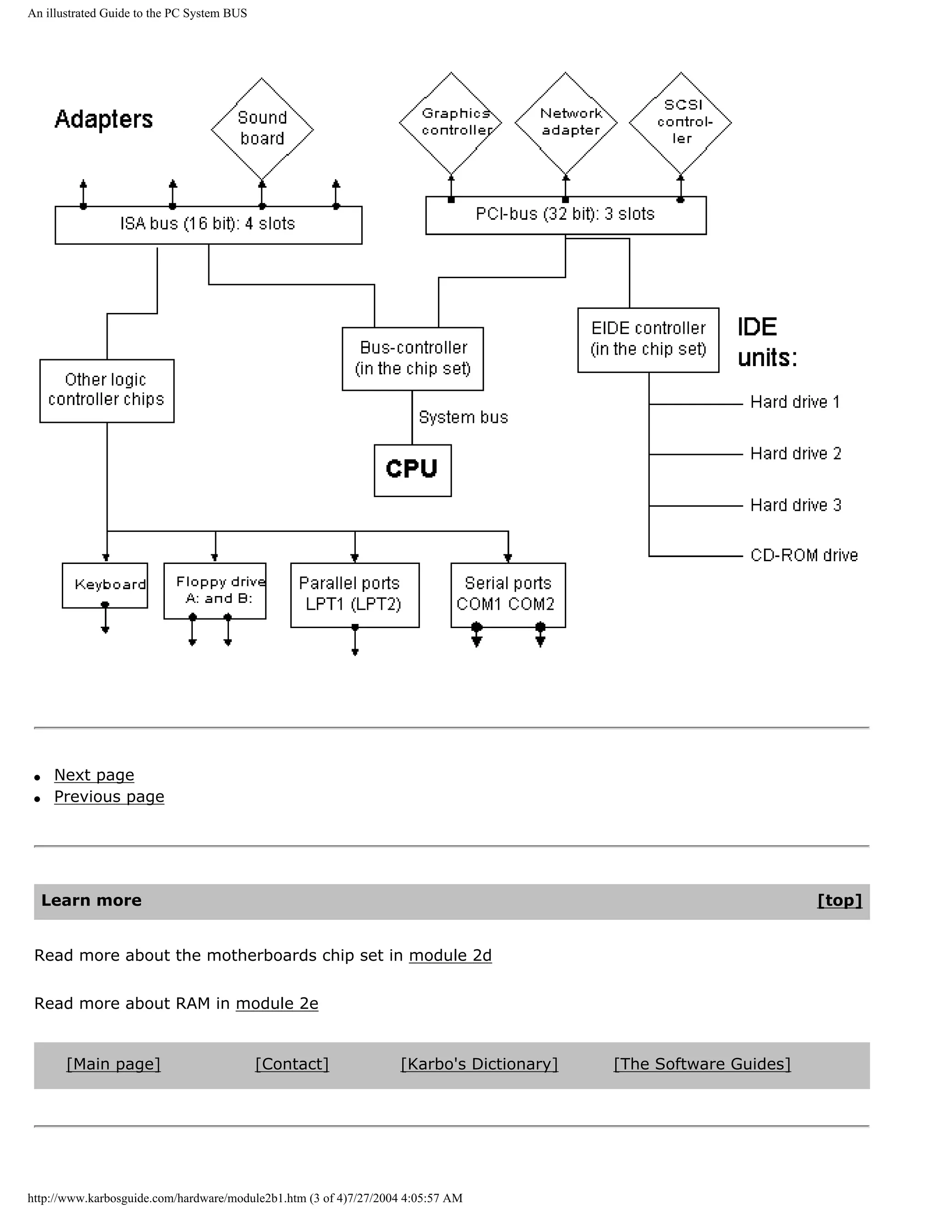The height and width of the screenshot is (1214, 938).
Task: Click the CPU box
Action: pyautogui.click(x=412, y=470)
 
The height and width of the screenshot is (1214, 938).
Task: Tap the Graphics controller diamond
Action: pyautogui.click(x=451, y=122)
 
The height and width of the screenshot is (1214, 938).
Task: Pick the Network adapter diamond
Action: pyautogui.click(x=566, y=122)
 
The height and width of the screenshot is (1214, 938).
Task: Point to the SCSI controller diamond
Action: pyautogui.click(x=680, y=122)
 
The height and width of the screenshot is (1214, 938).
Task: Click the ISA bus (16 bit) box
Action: pyautogui.click(x=208, y=224)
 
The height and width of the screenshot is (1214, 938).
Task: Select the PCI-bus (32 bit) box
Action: pyautogui.click(x=566, y=214)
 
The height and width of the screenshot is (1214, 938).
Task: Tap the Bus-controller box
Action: pyautogui.click(x=412, y=359)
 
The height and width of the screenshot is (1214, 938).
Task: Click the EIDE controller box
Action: pyautogui.click(x=648, y=339)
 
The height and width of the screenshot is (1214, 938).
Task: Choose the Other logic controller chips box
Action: pyautogui.click(x=107, y=390)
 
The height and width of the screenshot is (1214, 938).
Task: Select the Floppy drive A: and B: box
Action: pyautogui.click(x=215, y=591)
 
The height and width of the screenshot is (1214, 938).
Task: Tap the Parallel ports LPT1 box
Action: pyautogui.click(x=354, y=595)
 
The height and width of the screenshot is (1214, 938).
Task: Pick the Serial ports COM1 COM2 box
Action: pyautogui.click(x=508, y=595)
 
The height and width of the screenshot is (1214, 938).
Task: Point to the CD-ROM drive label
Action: pyautogui.click(x=803, y=555)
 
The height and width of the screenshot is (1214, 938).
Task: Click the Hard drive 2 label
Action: pyautogui.click(x=795, y=454)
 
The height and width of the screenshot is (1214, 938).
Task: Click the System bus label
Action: pyautogui.click(x=463, y=417)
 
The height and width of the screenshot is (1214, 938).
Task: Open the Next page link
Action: pyautogui.click(x=94, y=775)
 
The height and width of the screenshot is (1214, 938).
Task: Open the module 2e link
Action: pyautogui.click(x=277, y=1003)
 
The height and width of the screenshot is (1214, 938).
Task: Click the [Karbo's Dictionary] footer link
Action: pyautogui.click(x=479, y=1064)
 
